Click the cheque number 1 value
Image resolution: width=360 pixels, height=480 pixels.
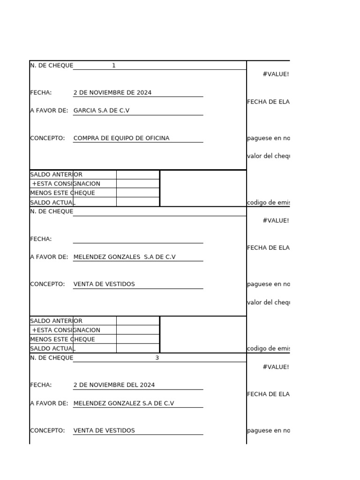click(113, 66)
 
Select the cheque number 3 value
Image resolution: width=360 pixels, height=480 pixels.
click(157, 358)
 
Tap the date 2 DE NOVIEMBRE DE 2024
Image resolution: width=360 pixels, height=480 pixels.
click(112, 93)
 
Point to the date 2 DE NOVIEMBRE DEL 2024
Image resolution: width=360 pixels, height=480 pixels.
click(114, 385)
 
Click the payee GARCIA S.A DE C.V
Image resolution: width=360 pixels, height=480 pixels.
click(101, 111)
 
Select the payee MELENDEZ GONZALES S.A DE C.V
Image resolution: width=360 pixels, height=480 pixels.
click(124, 257)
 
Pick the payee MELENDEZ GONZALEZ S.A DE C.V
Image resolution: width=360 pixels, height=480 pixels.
click(124, 404)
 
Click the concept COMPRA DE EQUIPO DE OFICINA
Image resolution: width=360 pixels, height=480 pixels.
click(121, 138)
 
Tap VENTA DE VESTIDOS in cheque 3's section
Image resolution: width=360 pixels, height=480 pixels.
click(104, 431)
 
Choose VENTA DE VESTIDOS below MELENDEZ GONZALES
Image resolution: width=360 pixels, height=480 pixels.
click(104, 284)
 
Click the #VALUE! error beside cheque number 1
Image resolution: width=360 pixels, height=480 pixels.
click(276, 75)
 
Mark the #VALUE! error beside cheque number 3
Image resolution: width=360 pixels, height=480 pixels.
click(276, 367)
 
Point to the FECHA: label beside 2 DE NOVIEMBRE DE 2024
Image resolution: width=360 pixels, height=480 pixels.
click(41, 93)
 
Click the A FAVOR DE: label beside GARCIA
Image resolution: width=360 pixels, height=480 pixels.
click(49, 111)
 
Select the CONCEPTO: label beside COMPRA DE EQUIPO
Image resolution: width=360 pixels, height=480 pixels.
click(47, 138)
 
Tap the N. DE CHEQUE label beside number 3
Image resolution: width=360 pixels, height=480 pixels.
click(52, 358)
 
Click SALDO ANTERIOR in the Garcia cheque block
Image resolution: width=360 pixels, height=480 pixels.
click(56, 175)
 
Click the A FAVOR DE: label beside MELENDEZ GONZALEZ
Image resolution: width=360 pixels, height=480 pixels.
click(49, 404)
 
